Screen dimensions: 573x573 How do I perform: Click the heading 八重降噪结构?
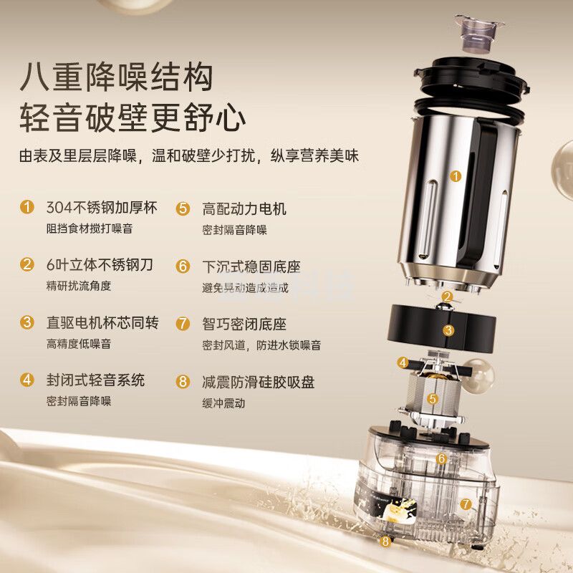click(x=117, y=77)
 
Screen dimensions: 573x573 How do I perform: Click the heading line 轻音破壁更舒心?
click(x=133, y=117)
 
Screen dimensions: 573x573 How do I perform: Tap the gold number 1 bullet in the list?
click(x=27, y=207)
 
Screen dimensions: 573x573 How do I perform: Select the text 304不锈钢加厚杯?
click(x=102, y=207)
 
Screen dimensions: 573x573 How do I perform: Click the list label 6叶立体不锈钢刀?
click(x=100, y=264)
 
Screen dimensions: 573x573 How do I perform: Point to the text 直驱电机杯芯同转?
click(x=102, y=322)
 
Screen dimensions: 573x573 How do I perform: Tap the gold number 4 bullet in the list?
click(x=27, y=380)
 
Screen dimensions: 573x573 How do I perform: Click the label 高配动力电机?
click(x=244, y=208)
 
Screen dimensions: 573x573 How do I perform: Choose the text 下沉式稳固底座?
click(x=251, y=266)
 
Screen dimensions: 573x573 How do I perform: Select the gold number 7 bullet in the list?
click(x=183, y=324)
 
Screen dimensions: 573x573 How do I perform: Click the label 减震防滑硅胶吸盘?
click(x=259, y=382)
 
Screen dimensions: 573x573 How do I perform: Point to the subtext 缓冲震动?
click(x=223, y=403)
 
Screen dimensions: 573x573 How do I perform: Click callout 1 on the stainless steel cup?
click(x=456, y=176)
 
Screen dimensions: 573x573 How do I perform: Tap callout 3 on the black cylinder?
click(x=448, y=330)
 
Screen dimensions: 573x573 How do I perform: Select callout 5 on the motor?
click(x=433, y=398)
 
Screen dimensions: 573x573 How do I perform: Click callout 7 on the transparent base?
click(x=466, y=504)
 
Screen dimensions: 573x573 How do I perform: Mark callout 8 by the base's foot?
click(x=385, y=541)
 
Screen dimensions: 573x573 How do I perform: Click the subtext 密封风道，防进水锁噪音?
click(x=261, y=345)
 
